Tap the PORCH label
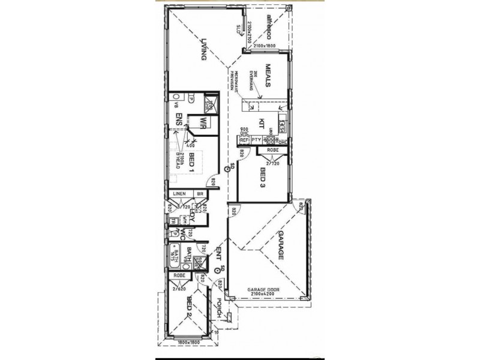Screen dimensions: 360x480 tap(220, 308)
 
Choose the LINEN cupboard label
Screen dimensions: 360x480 tap(178, 194)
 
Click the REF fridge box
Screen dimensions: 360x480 tap(244, 140)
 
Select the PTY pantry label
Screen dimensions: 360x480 tap(256, 140)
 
